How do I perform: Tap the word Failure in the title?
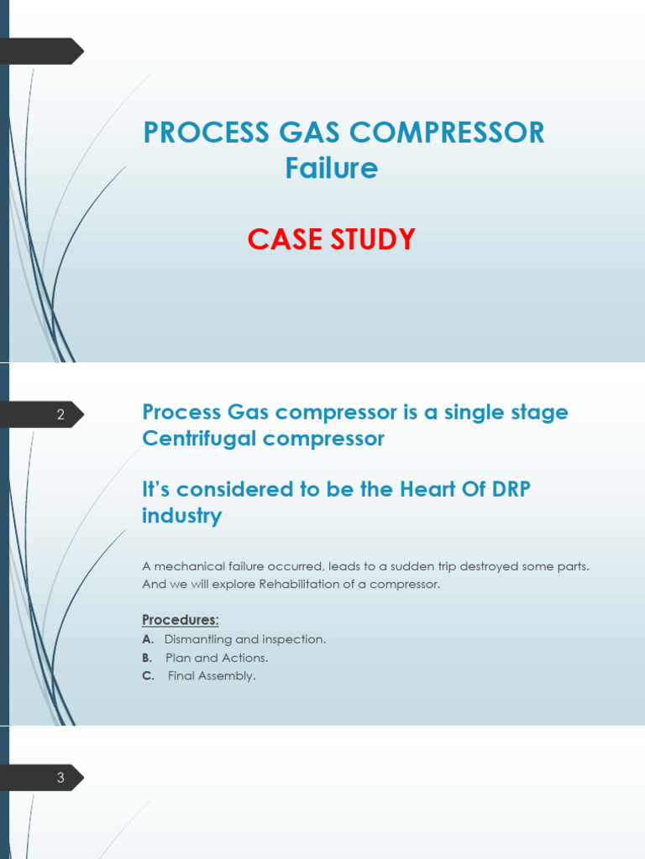click(331, 169)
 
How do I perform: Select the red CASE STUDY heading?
click(331, 240)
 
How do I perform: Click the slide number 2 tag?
click(60, 414)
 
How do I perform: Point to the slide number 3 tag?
click(60, 778)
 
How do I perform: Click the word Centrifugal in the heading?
click(195, 438)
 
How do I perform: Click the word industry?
click(182, 515)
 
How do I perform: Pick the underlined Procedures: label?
click(181, 620)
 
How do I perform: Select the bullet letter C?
click(148, 676)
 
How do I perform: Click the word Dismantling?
click(198, 639)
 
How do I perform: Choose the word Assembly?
click(228, 676)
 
